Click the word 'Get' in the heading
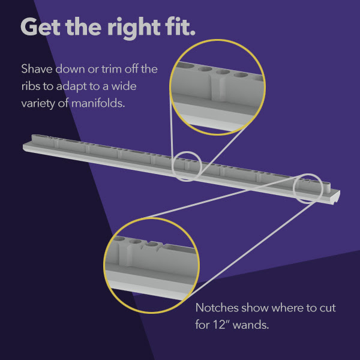tap(40, 26)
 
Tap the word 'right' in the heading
tap(134, 28)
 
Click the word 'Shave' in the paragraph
tap(37, 68)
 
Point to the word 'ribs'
tap(31, 86)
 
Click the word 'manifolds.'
tap(98, 103)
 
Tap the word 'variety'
tap(38, 104)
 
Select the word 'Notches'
tap(217, 307)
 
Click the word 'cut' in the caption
tap(328, 308)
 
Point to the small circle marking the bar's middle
tap(187, 166)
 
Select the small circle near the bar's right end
tap(308, 188)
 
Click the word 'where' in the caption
tap(288, 308)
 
